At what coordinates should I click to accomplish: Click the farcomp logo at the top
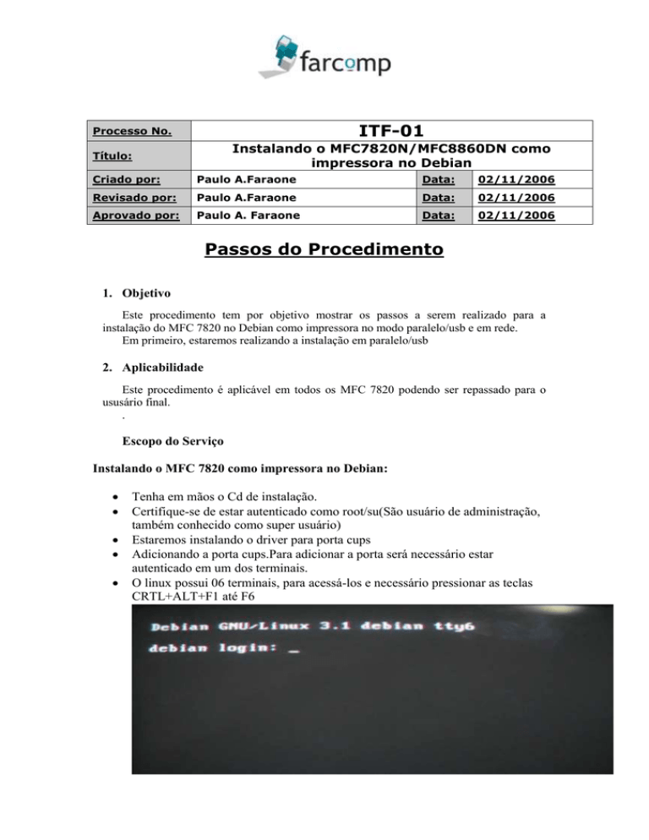tap(324, 55)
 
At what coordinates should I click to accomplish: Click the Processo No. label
tap(132, 131)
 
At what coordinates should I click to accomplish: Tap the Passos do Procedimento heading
tap(324, 251)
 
